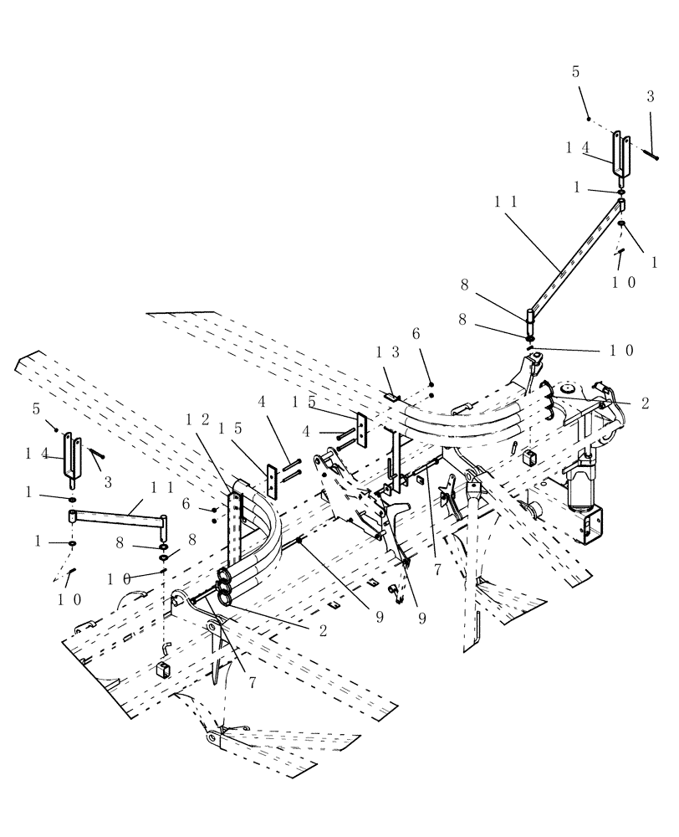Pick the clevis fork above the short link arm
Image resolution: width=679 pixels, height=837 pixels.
72,458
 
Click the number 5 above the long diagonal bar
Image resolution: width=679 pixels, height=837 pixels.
576,72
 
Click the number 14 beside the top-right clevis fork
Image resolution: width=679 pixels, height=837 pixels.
579,148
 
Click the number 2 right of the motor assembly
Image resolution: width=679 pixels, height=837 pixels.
645,403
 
